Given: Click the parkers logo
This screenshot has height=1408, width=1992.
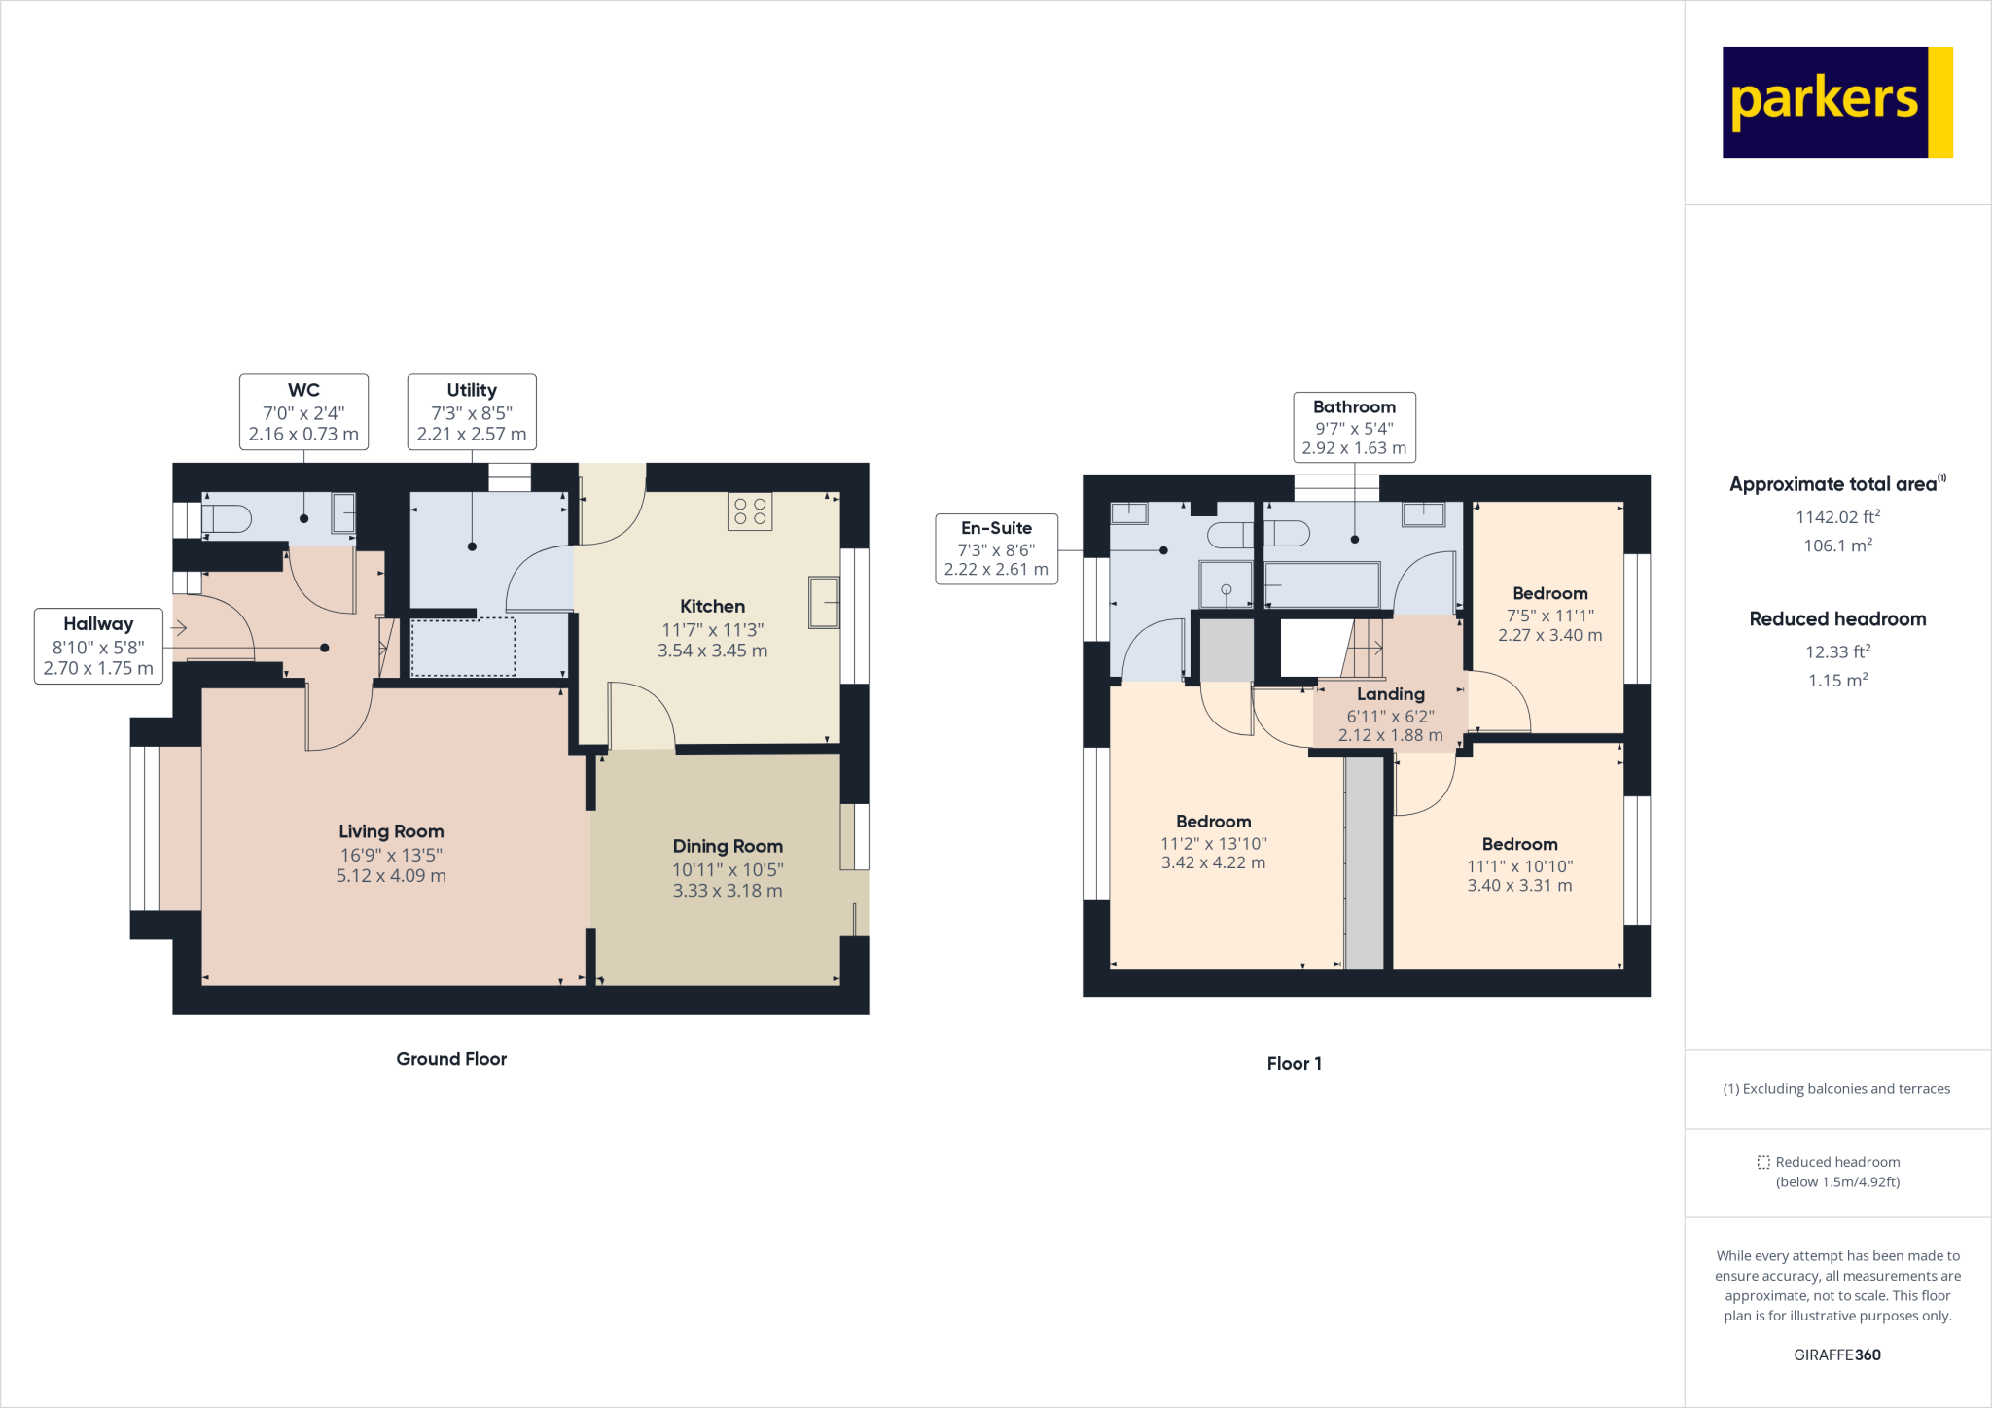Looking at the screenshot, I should point(1836,102).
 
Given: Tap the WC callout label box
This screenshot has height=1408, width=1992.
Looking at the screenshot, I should point(303,412).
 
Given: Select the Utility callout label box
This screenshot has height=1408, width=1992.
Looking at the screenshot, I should point(472,412).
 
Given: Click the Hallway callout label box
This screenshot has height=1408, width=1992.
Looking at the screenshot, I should point(98,646).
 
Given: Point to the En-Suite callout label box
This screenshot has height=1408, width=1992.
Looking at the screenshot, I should point(996,548).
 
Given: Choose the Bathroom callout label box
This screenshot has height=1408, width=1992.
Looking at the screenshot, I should point(1354,427).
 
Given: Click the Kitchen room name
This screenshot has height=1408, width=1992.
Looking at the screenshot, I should point(712,606).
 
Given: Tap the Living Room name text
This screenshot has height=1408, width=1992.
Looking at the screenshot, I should point(391,831).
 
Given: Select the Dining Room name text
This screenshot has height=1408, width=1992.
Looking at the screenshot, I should point(728,846).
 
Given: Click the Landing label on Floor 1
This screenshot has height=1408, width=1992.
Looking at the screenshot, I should point(1390,694).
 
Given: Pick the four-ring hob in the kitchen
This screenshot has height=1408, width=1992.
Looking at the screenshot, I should point(750,511).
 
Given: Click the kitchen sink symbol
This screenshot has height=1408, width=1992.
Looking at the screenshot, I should point(824,602).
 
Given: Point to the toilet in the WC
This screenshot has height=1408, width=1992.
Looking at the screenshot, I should point(228,519).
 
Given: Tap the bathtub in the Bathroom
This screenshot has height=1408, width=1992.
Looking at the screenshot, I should point(1322,585).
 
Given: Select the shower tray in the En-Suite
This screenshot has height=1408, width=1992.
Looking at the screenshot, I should point(1226,583).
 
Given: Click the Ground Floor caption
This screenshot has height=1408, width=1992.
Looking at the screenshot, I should point(451,1059).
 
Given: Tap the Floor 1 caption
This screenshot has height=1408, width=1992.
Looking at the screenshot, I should point(1294,1064).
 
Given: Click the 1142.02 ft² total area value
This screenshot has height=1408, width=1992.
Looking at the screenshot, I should point(1837,517).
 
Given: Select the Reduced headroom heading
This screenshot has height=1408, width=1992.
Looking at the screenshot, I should point(1837,619).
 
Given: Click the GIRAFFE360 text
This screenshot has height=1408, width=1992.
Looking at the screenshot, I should point(1837,1355).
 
